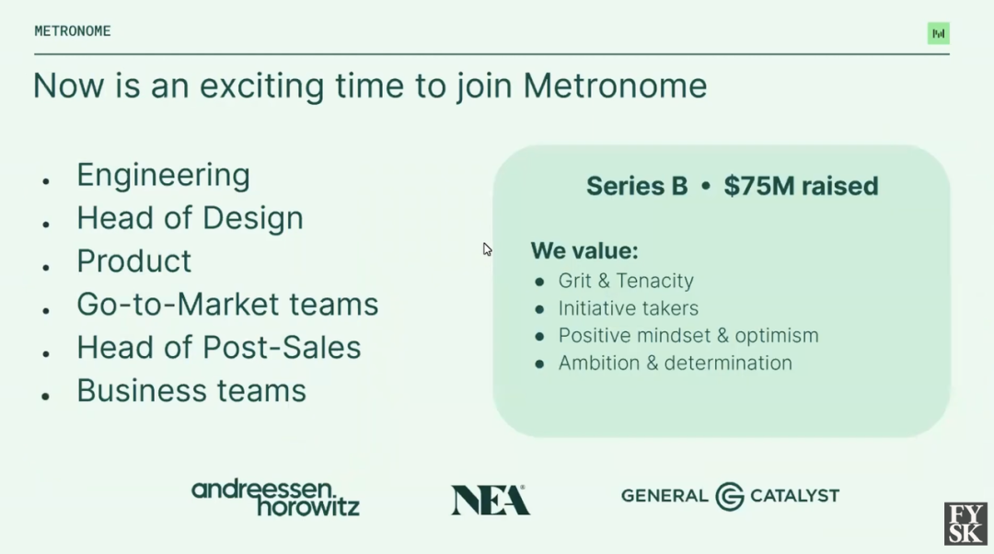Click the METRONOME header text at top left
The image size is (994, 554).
click(73, 31)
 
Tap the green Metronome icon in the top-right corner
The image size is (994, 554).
click(938, 34)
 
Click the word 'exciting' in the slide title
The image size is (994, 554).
click(261, 87)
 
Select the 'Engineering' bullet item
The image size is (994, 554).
click(163, 176)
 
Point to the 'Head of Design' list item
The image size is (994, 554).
click(190, 218)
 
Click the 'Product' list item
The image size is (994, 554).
click(133, 261)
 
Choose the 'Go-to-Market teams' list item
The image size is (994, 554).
click(227, 305)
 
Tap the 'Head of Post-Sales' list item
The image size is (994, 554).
click(219, 347)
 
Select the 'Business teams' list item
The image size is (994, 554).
click(191, 390)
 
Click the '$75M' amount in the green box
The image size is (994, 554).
click(758, 186)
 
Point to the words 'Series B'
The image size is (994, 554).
click(637, 186)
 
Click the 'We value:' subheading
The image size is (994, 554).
click(584, 250)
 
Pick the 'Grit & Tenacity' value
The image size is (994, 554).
click(626, 281)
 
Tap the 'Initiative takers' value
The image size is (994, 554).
click(629, 308)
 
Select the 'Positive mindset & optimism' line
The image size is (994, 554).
click(688, 335)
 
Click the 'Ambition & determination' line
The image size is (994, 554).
click(676, 363)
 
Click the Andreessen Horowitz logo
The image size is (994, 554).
click(275, 498)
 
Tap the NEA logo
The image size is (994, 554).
click(490, 500)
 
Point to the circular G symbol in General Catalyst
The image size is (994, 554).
click(730, 496)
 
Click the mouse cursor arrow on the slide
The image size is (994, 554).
click(487, 249)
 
